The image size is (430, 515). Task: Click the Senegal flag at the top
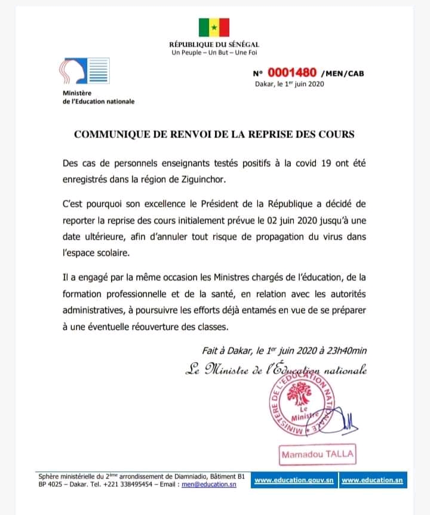214,27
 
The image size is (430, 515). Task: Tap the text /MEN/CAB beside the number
342,75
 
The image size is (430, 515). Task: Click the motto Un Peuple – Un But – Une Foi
214,53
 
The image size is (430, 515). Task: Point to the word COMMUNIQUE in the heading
109,134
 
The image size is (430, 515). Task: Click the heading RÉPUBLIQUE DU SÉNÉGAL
214,45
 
